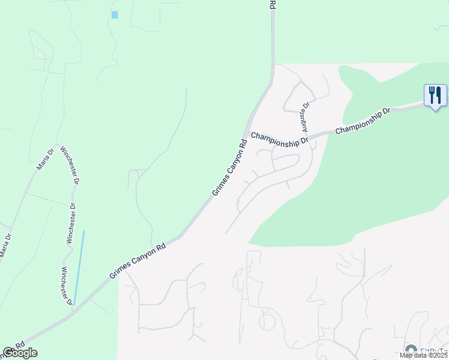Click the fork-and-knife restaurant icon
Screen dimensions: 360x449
(x=435, y=95)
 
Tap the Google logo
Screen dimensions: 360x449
(x=20, y=353)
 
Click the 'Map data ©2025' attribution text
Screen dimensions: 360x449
(x=423, y=355)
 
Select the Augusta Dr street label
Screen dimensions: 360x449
(x=304, y=116)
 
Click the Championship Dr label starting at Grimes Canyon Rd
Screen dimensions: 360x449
(x=279, y=139)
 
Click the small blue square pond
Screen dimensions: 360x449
(x=115, y=14)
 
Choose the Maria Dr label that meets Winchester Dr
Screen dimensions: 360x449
(x=46, y=159)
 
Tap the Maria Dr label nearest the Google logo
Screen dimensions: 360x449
(x=6, y=245)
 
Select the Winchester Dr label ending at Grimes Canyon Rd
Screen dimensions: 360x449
(x=67, y=284)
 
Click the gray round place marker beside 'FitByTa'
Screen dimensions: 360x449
(x=411, y=350)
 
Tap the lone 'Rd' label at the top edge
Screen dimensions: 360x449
(x=272, y=4)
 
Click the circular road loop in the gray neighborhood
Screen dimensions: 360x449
(x=268, y=323)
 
